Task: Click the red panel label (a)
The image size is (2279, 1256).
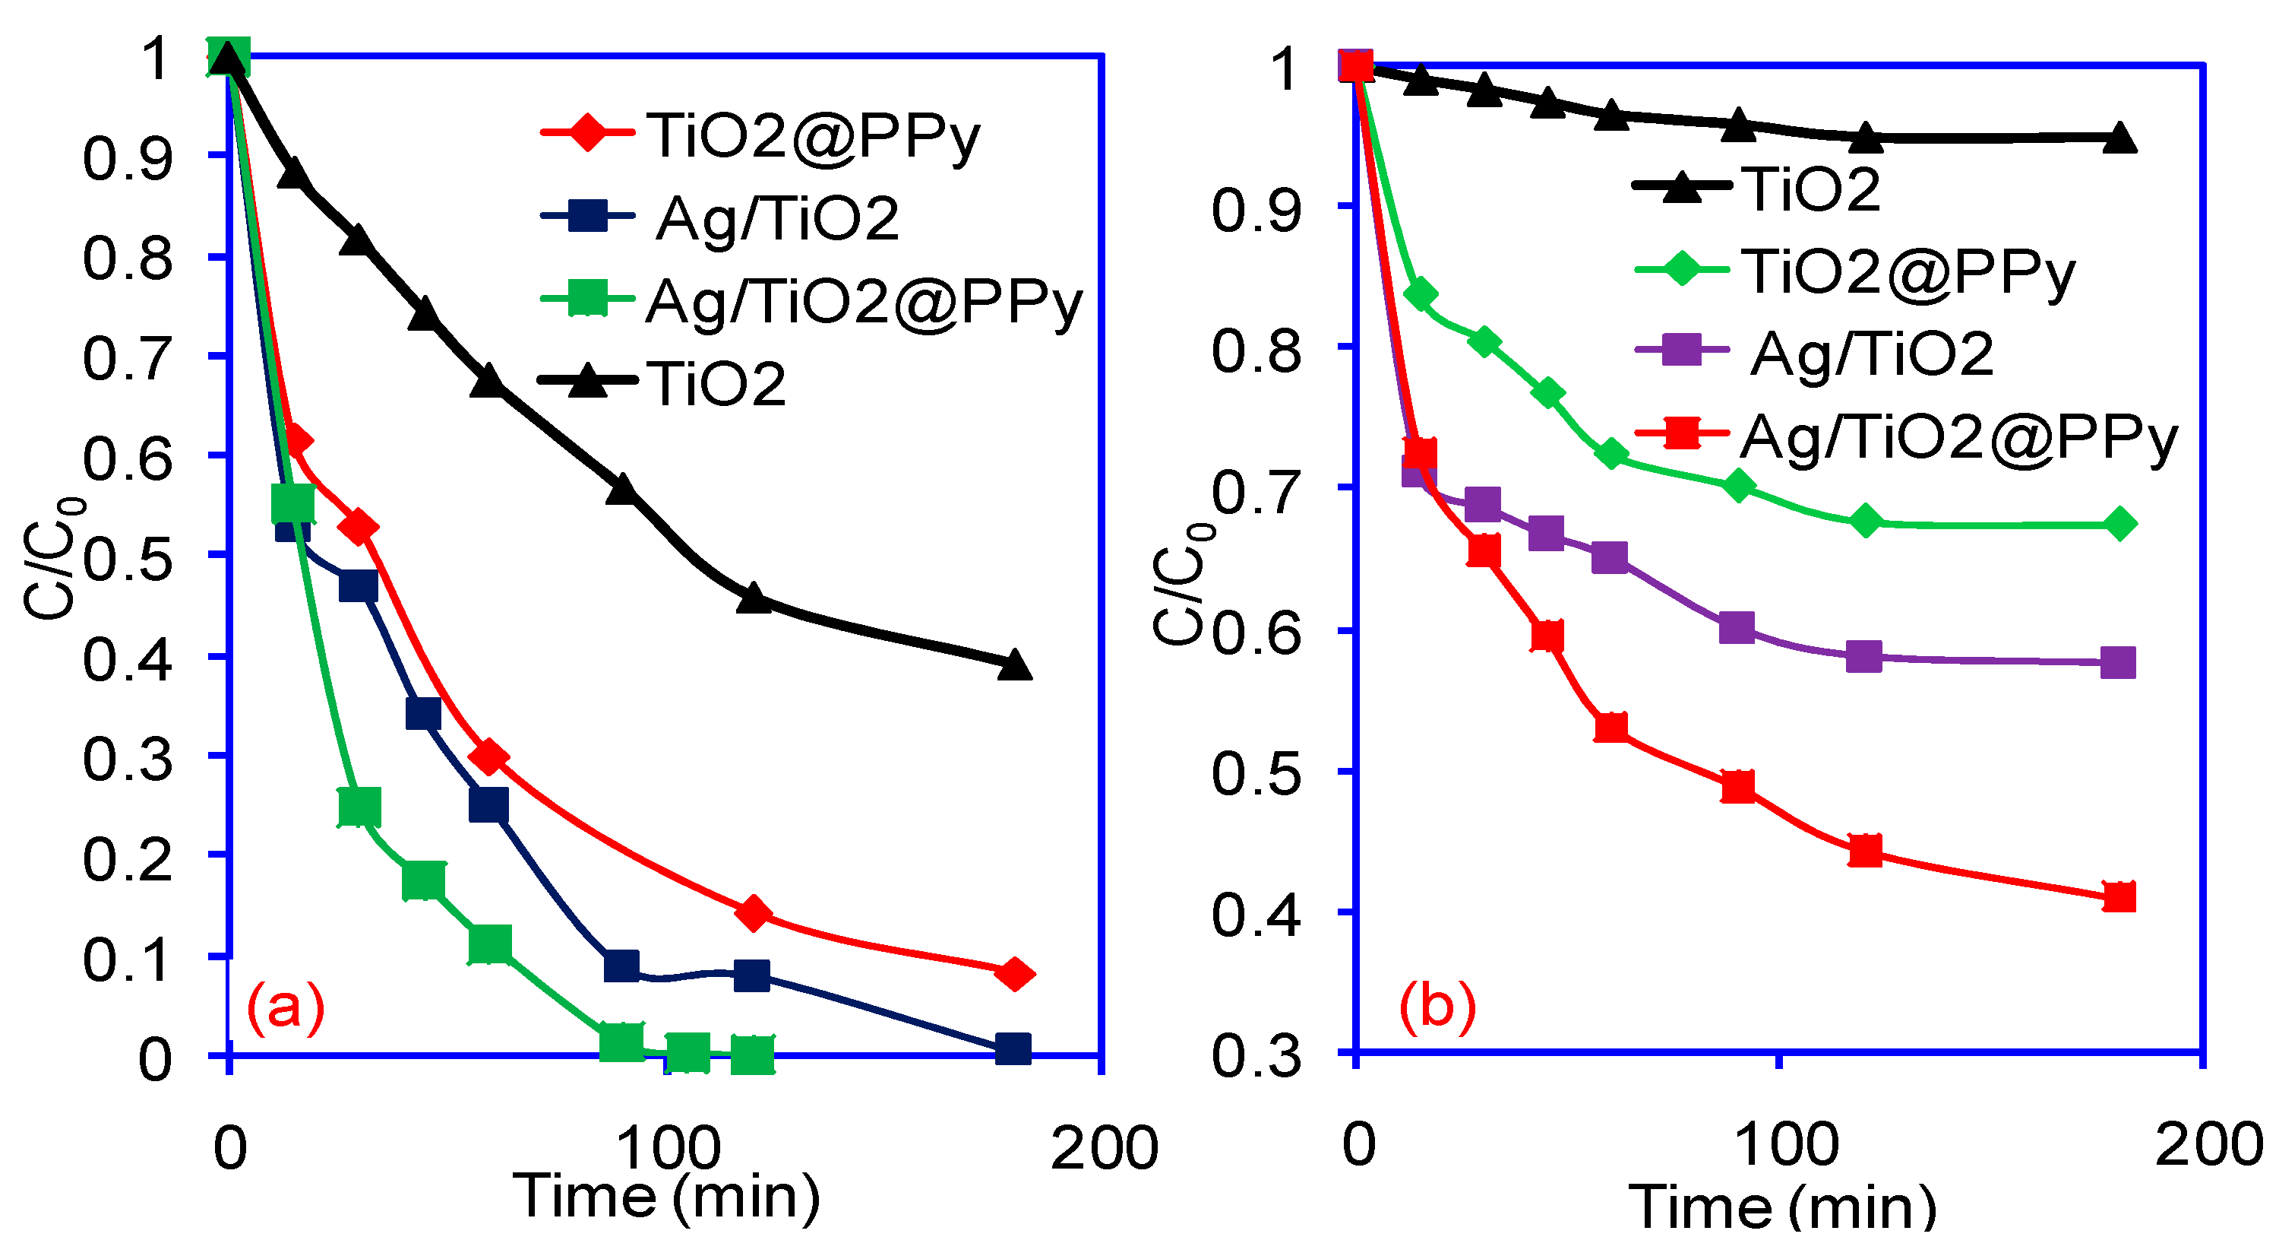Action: pos(285,1007)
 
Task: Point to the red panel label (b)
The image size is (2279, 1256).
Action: pos(1437,1006)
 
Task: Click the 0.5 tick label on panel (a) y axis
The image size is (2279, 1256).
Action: pos(128,560)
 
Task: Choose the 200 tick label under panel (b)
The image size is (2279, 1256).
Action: pos(2208,1144)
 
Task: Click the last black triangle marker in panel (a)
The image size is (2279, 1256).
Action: pos(1014,665)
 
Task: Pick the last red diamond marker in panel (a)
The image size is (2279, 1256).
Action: pos(1014,974)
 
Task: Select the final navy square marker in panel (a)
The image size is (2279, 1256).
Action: pos(1013,1049)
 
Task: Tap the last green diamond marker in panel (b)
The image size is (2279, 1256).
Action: pos(2119,524)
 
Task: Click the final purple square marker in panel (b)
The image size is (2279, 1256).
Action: pos(2118,662)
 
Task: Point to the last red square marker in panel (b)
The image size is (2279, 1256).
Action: pos(2119,896)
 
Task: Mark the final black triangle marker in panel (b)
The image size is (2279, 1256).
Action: pos(2119,138)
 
